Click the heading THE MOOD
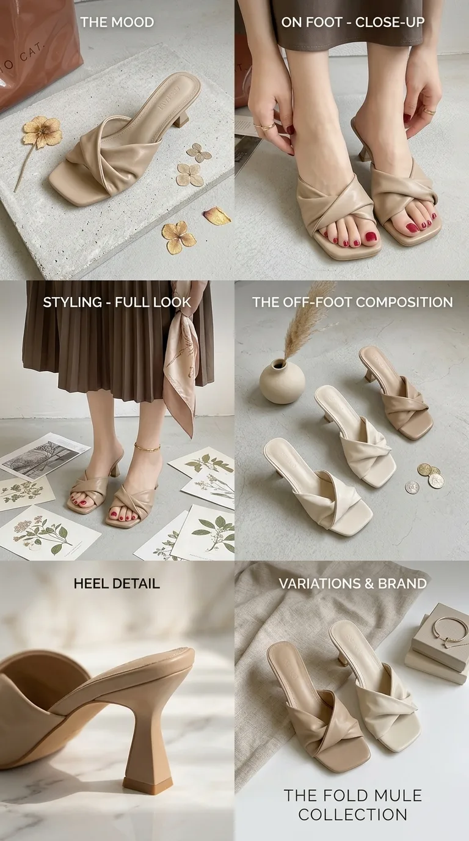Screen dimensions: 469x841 (117, 22)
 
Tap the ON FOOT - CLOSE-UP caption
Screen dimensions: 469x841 (353, 22)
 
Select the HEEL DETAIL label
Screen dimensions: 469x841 (117, 584)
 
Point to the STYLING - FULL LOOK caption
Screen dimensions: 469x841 (117, 302)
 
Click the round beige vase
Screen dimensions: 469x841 (282, 381)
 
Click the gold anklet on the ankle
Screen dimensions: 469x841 (147, 447)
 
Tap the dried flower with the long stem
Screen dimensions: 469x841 (37, 142)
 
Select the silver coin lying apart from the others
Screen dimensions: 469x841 (412, 487)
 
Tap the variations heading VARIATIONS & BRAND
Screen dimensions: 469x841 (353, 584)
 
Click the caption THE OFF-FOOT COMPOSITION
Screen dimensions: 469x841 (353, 302)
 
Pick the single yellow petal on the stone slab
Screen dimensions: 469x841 (217, 216)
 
